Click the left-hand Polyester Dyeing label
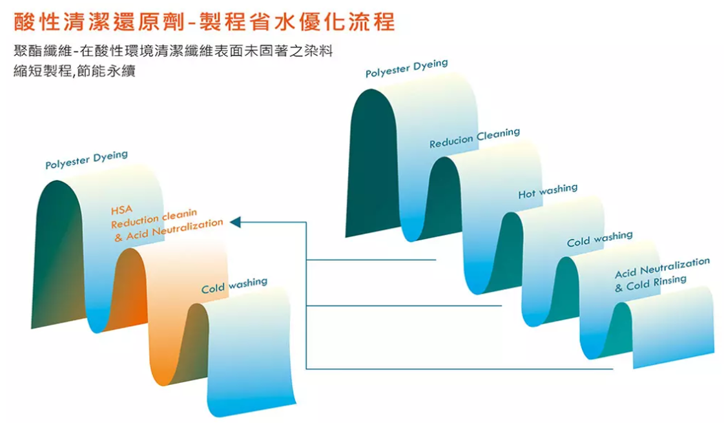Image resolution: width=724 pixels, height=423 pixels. click(x=87, y=160)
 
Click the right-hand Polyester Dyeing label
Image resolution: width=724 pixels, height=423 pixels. click(x=406, y=68)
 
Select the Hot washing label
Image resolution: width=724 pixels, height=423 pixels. click(x=547, y=191)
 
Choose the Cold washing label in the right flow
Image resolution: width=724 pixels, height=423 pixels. click(x=599, y=239)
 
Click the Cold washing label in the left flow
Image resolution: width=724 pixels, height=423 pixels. click(x=234, y=285)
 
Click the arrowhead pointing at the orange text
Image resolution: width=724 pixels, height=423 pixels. click(x=235, y=222)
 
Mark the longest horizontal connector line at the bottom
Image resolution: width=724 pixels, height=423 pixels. click(x=459, y=369)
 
